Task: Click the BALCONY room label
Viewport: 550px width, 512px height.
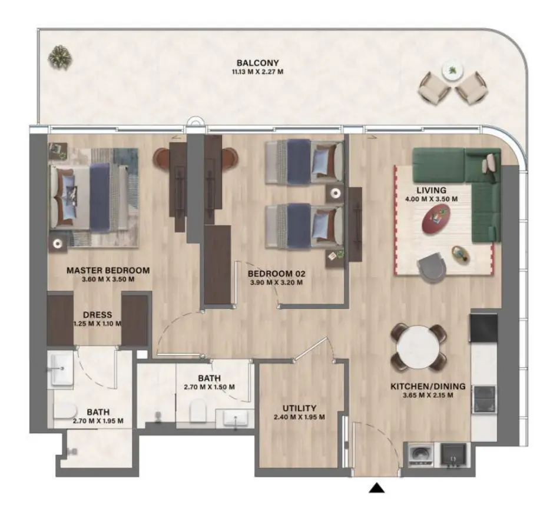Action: pyautogui.click(x=257, y=63)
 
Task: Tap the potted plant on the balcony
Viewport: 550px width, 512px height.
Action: pyautogui.click(x=60, y=56)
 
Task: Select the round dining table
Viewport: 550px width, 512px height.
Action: pyautogui.click(x=418, y=348)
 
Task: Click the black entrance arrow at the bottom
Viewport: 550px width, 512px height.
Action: pyautogui.click(x=377, y=487)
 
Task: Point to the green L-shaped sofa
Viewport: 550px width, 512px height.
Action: pyautogui.click(x=465, y=177)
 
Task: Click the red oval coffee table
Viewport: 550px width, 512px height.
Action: pyautogui.click(x=437, y=219)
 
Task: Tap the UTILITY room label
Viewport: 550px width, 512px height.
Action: pyautogui.click(x=299, y=408)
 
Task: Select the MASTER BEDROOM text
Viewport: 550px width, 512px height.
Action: pyautogui.click(x=108, y=270)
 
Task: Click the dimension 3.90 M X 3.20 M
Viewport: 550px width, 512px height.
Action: pyautogui.click(x=275, y=282)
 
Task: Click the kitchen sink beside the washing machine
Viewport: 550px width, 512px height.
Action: pyautogui.click(x=453, y=454)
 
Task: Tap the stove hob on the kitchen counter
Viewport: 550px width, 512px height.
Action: pyautogui.click(x=483, y=398)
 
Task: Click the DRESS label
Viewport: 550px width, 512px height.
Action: pyautogui.click(x=97, y=315)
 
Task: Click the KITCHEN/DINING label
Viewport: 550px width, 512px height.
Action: pyautogui.click(x=428, y=387)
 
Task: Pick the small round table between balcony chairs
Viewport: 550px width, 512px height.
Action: pyautogui.click(x=452, y=69)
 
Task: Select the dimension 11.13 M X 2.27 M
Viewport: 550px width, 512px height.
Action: pyautogui.click(x=257, y=72)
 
